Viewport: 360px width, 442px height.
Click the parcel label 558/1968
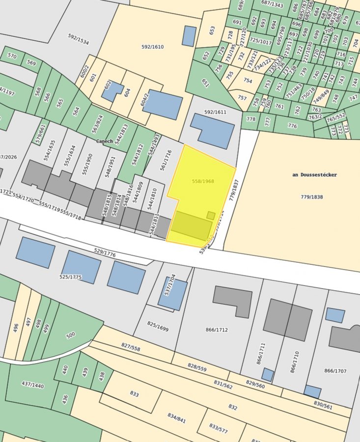coord(203,182)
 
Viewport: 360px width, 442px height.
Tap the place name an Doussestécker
coord(314,175)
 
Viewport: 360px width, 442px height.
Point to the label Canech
coord(104,141)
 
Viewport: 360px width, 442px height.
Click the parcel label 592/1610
coord(152,47)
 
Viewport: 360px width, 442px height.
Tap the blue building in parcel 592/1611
coord(212,130)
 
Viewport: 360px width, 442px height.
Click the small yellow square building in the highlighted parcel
coord(211,215)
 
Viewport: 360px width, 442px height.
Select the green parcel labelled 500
coord(71,335)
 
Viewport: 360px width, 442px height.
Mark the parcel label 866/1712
coord(217,330)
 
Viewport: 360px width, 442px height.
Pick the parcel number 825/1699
coord(158,327)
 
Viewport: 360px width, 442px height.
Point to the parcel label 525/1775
coord(71,277)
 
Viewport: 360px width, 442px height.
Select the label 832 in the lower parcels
coord(233,407)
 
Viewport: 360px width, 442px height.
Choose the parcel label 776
coord(292,126)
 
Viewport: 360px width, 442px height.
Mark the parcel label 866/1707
coord(335,371)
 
